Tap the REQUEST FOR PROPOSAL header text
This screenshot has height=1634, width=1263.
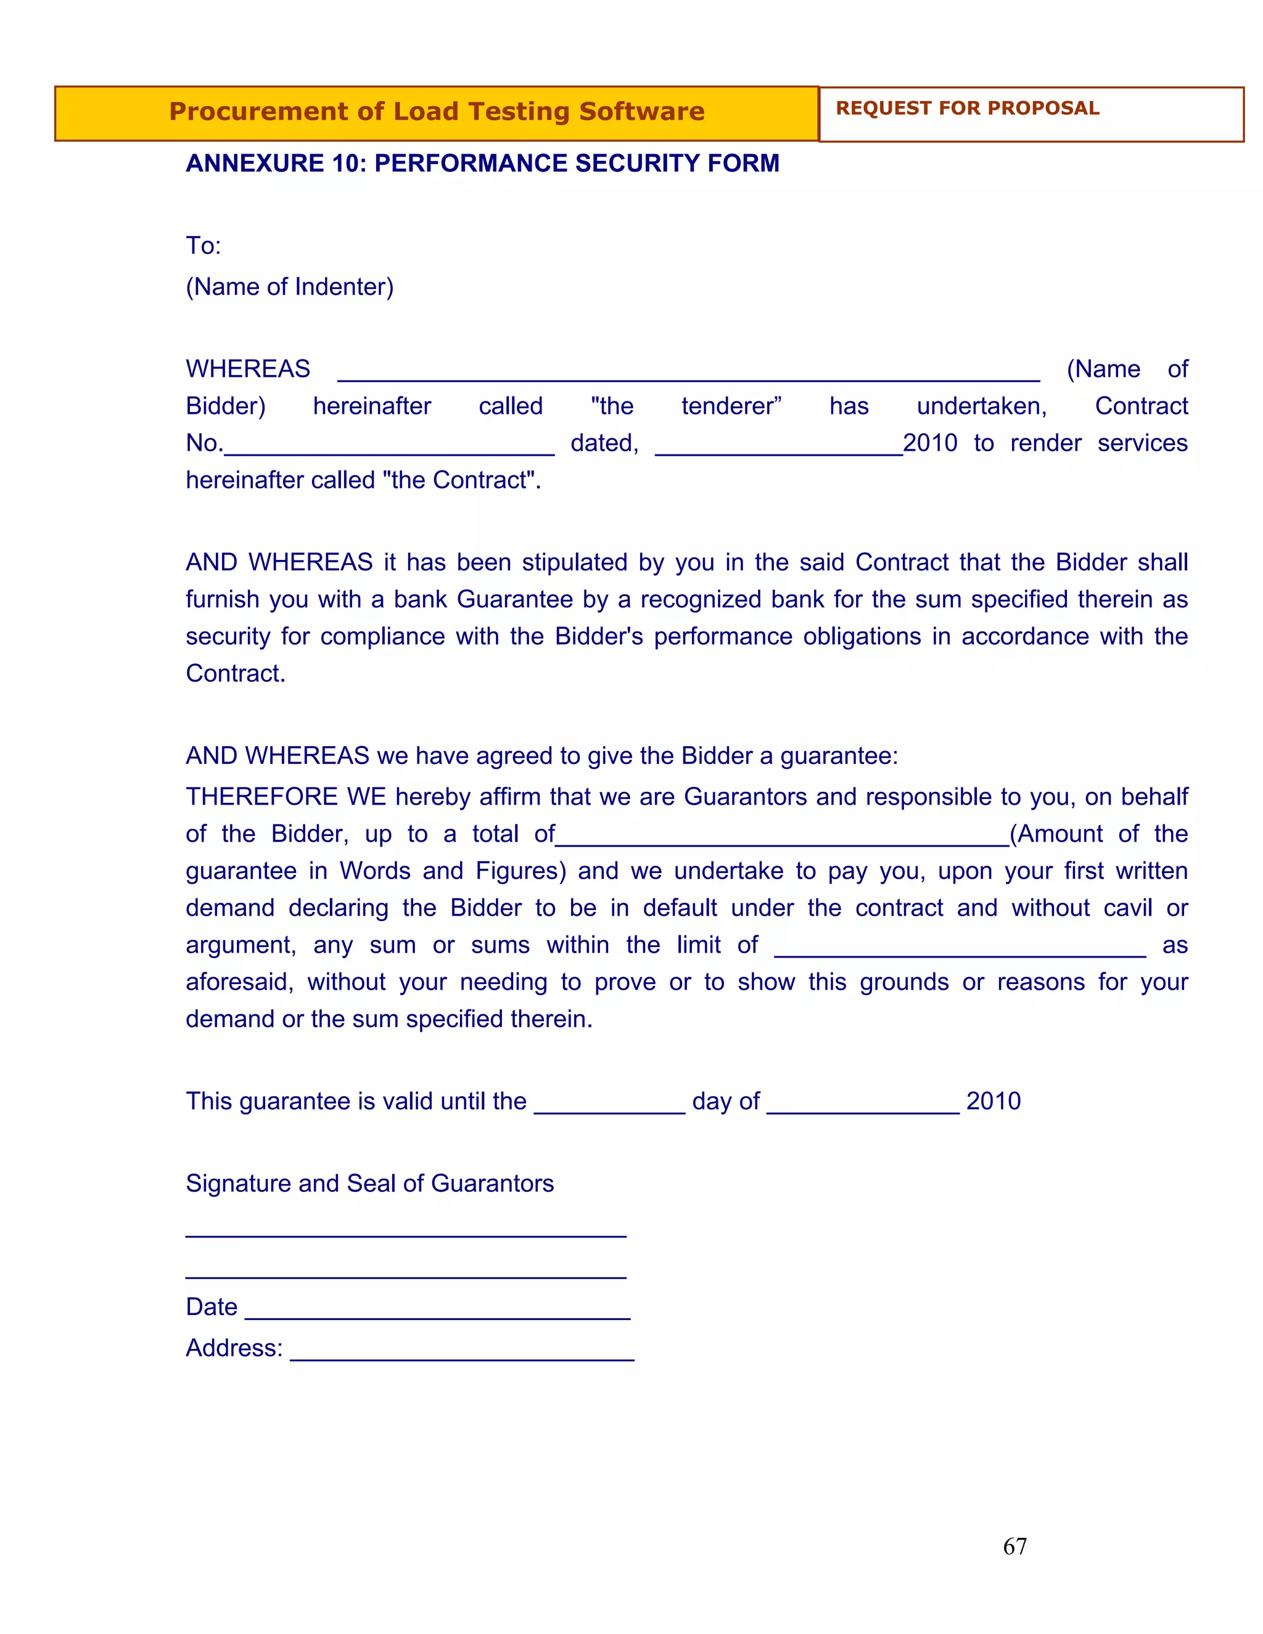pyautogui.click(x=967, y=109)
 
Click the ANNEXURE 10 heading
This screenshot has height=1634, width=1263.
pyautogui.click(x=482, y=163)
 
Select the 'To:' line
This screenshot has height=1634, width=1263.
pyautogui.click(x=204, y=245)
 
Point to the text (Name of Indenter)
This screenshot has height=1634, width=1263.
pyautogui.click(x=290, y=287)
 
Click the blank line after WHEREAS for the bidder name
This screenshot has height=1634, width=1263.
pyautogui.click(x=688, y=374)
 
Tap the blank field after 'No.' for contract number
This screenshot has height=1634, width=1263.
pyautogui.click(x=389, y=448)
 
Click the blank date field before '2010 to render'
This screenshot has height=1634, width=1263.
pyautogui.click(x=778, y=448)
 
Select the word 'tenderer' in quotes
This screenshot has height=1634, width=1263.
pyautogui.click(x=730, y=406)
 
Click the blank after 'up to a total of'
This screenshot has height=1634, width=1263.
pyautogui.click(x=782, y=838)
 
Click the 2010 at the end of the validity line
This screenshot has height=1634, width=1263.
pyautogui.click(x=993, y=1101)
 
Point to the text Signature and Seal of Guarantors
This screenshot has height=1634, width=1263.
pyautogui.click(x=369, y=1184)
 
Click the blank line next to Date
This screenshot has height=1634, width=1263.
pyautogui.click(x=438, y=1312)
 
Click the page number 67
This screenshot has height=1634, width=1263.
pyautogui.click(x=1014, y=1546)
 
